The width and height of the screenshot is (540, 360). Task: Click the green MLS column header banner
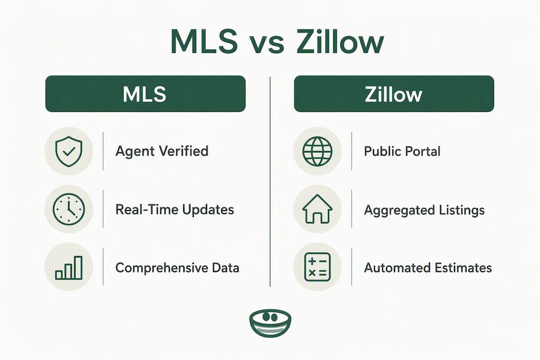(x=145, y=93)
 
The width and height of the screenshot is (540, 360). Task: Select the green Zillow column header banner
(x=394, y=93)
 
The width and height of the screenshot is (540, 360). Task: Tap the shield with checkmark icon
(x=69, y=151)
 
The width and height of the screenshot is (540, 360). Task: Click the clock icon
(x=68, y=209)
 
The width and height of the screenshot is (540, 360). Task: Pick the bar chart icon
(x=69, y=267)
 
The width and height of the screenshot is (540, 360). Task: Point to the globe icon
(x=317, y=151)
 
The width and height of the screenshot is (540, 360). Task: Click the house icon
(x=317, y=209)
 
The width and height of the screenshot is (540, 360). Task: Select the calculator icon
(x=317, y=267)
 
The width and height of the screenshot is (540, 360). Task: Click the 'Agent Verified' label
(x=162, y=151)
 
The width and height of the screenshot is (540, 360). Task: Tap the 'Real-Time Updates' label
(x=174, y=209)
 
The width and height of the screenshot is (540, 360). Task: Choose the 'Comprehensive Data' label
(x=177, y=267)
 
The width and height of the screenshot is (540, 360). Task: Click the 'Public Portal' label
(x=402, y=151)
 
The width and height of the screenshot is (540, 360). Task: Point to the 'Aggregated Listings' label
(x=424, y=210)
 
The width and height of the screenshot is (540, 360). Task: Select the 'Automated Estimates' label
(x=428, y=267)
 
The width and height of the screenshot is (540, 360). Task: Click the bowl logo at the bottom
(x=270, y=323)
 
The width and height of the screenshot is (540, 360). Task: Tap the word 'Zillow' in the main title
(x=340, y=41)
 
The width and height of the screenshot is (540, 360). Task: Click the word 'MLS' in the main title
(x=204, y=41)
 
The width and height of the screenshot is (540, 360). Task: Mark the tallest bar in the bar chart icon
(x=78, y=267)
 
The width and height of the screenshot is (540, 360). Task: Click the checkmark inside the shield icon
(x=69, y=151)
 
